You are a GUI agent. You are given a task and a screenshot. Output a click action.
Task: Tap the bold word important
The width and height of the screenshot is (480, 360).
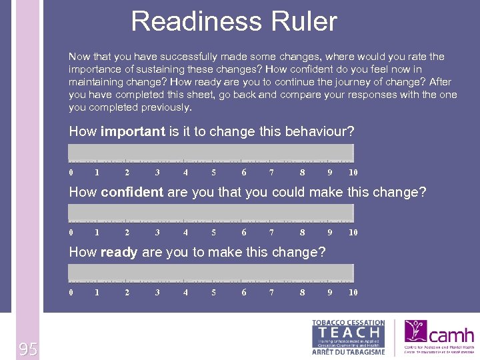(x=133, y=132)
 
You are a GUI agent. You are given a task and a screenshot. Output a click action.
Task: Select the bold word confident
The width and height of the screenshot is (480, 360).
(x=132, y=193)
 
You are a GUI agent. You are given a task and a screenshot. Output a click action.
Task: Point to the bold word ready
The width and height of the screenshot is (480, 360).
(x=119, y=253)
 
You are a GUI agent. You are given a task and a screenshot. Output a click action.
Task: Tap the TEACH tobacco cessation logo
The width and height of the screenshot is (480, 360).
(x=349, y=337)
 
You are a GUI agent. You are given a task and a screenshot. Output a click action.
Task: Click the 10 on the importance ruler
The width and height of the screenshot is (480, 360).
(x=353, y=173)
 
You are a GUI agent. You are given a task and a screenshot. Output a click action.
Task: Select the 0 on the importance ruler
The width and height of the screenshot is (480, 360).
(x=71, y=173)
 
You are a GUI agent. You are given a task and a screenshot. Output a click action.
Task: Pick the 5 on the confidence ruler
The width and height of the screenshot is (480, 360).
(x=214, y=233)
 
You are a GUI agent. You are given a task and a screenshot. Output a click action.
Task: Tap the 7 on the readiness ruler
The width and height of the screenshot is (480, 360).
(x=271, y=293)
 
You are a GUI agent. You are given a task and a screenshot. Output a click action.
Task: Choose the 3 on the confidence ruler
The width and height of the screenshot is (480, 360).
(x=157, y=233)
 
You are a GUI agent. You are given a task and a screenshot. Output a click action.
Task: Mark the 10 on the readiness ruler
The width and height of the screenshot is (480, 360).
(x=353, y=293)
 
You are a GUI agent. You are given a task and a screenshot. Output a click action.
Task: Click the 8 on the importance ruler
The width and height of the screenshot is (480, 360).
(x=302, y=173)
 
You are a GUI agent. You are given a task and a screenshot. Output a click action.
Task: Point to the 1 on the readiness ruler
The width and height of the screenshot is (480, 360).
(x=97, y=293)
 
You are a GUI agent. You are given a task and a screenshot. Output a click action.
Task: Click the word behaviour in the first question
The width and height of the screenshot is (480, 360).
(x=325, y=132)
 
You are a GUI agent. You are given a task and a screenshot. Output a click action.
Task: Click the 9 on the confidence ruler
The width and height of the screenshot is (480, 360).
(x=329, y=233)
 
